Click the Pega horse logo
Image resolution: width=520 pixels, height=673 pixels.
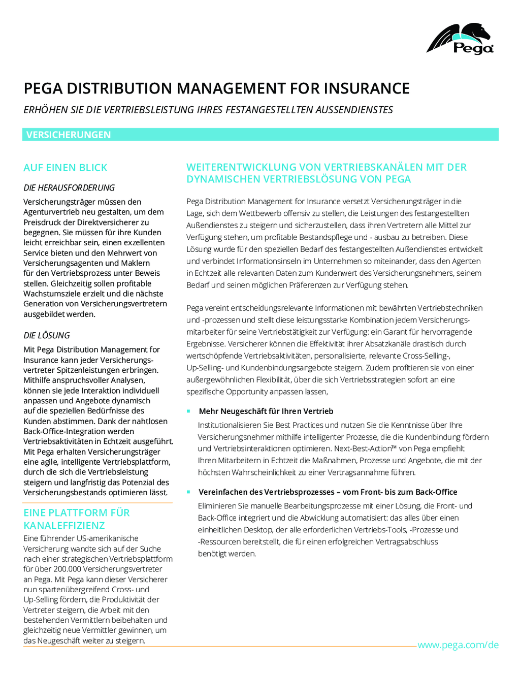pyautogui.click(x=460, y=38)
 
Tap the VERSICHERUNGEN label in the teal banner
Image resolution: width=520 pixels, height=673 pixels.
pyautogui.click(x=69, y=135)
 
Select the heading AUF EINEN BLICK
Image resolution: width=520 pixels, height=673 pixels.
pyautogui.click(x=66, y=168)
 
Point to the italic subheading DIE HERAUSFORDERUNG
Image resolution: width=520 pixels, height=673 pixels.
pyautogui.click(x=69, y=187)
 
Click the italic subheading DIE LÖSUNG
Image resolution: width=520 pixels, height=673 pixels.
pyautogui.click(x=47, y=335)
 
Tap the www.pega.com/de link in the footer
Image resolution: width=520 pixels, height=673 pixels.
pyautogui.click(x=458, y=645)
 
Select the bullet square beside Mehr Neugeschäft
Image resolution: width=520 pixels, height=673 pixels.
pyautogui.click(x=188, y=411)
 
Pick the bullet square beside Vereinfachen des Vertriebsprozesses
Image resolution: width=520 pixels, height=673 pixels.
pyautogui.click(x=188, y=492)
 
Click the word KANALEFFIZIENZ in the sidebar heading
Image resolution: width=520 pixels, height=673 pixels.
pyautogui.click(x=64, y=525)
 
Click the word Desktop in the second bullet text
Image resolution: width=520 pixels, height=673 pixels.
pyautogui.click(x=258, y=530)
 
